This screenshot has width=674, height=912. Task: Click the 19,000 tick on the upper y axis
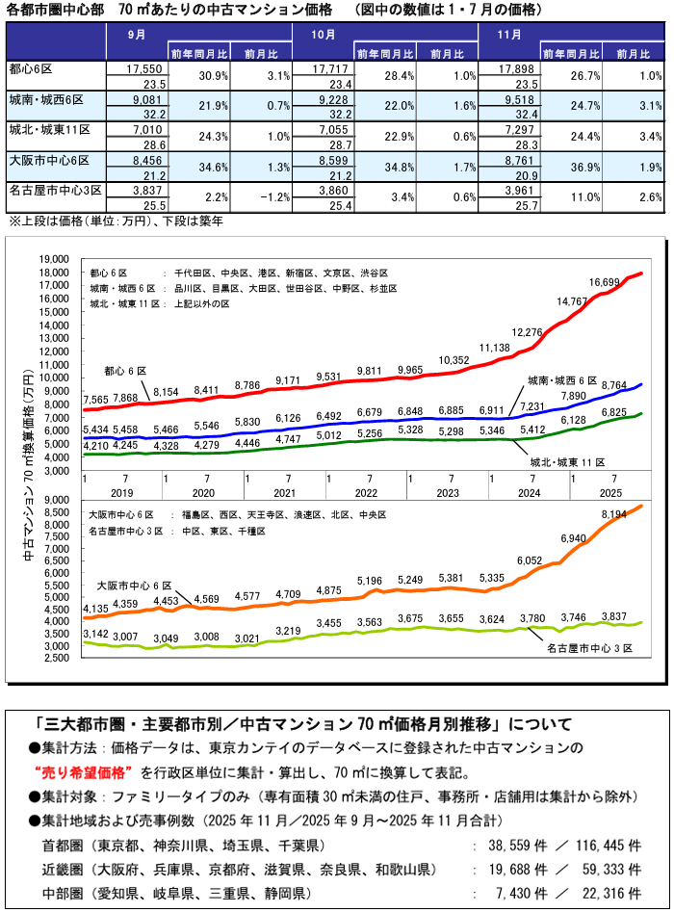coord(54,259)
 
